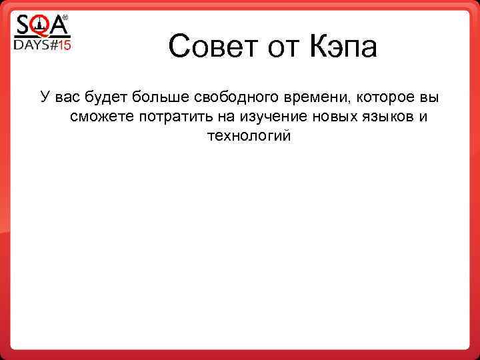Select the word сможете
(x=101, y=117)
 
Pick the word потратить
(x=167, y=117)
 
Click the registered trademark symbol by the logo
(x=65, y=19)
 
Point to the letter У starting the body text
(x=45, y=98)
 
